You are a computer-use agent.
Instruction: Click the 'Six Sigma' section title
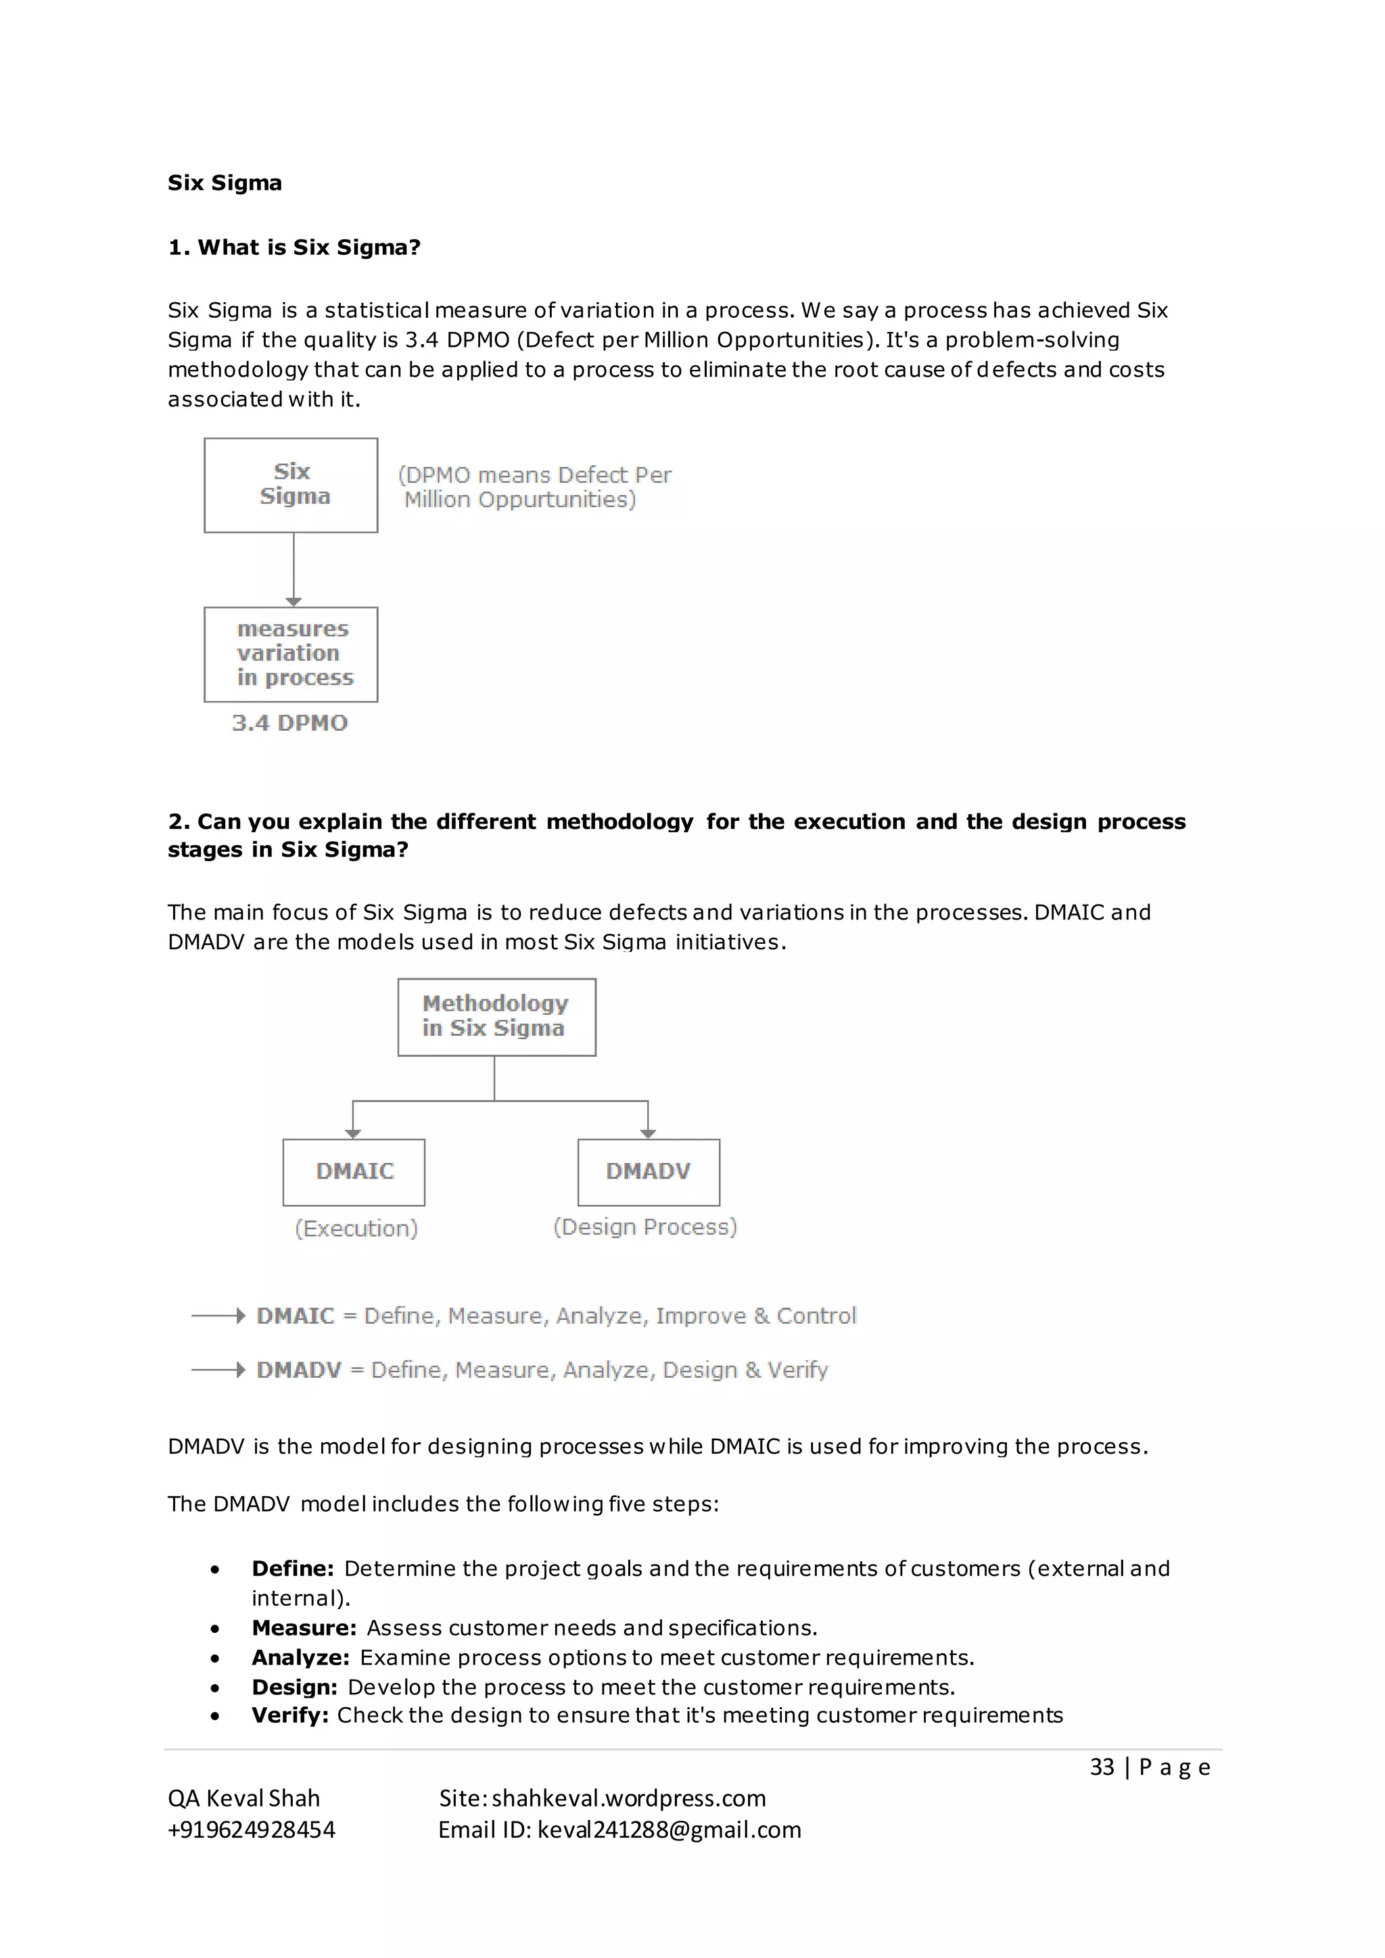pos(225,183)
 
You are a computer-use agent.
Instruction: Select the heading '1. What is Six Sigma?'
pos(294,247)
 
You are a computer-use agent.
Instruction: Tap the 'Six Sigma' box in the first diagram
pos(291,485)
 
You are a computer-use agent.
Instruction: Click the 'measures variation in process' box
pos(291,654)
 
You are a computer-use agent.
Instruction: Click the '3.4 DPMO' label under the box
pos(290,723)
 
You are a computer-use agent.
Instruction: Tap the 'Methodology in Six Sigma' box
pos(496,1016)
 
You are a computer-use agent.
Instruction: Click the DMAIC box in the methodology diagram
pos(354,1172)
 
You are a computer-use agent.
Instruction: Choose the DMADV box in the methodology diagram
pos(648,1172)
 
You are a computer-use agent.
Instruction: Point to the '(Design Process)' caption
pos(644,1226)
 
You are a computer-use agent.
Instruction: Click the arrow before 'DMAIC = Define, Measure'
pos(218,1316)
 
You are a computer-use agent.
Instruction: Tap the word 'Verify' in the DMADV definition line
pos(797,1370)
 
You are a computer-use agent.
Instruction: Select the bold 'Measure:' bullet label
pos(304,1628)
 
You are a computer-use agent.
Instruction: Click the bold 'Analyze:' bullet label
pos(300,1657)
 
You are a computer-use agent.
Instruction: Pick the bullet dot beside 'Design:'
pos(215,1688)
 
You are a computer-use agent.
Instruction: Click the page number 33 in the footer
pos(1102,1767)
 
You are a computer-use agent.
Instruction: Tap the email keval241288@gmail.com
pos(670,1830)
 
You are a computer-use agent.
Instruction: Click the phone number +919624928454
pos(252,1830)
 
